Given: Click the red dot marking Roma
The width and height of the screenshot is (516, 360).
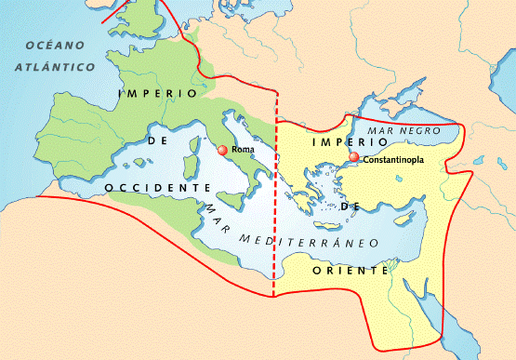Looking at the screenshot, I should click(221, 150).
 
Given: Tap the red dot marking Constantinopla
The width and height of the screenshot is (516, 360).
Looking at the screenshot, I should click(353, 157).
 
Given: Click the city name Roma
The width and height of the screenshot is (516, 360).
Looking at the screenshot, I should click(243, 150).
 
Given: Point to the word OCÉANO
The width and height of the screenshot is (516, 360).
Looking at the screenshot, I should click(55, 46).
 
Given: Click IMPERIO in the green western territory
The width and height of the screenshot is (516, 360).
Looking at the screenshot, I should click(159, 94).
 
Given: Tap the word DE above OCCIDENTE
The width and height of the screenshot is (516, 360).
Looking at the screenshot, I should click(155, 142).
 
